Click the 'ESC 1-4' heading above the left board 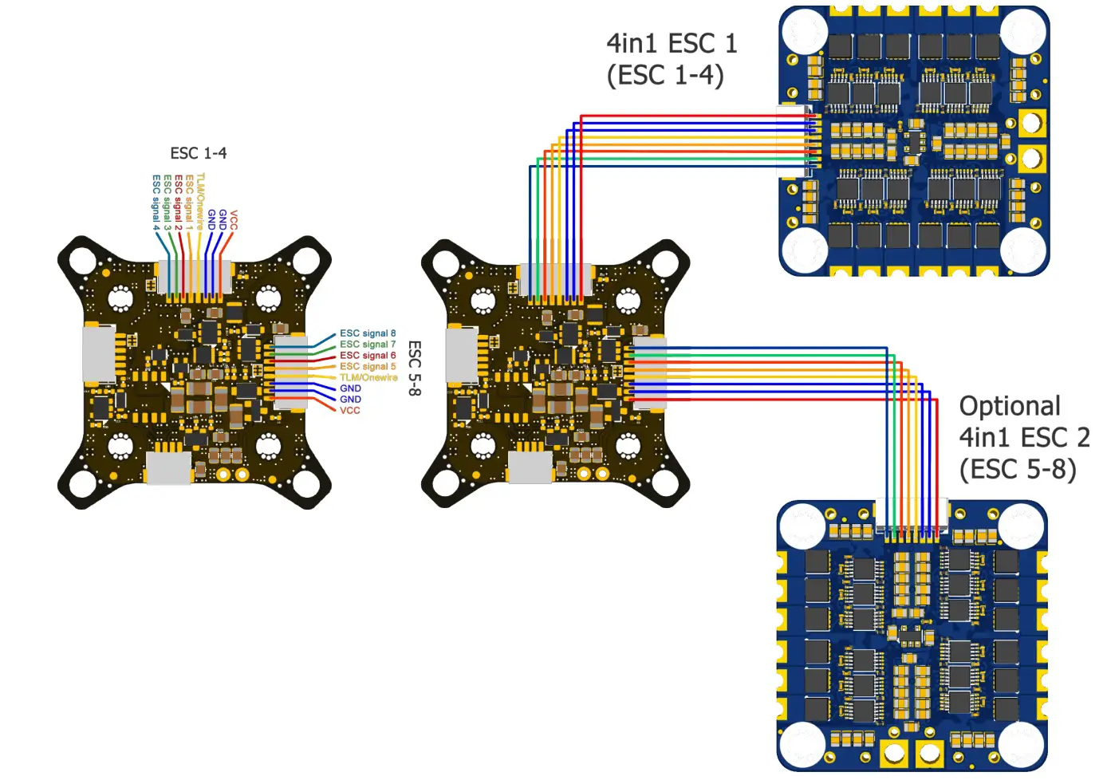[x=198, y=153]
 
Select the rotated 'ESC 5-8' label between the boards [x=414, y=368]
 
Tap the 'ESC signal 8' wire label [x=368, y=333]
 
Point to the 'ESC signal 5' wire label [x=368, y=367]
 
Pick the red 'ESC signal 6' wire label [x=368, y=356]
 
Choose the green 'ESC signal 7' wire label [x=368, y=345]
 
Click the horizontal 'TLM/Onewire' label [x=368, y=378]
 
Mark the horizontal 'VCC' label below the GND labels [x=349, y=411]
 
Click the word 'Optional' [x=1010, y=406]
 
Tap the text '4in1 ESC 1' [x=672, y=43]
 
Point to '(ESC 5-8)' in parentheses [x=1018, y=469]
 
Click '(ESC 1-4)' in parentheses [x=665, y=76]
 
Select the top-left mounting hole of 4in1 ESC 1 [x=803, y=32]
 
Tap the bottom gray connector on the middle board [x=530, y=467]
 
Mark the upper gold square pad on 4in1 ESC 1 [x=1031, y=123]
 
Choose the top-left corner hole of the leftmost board [x=83, y=260]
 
